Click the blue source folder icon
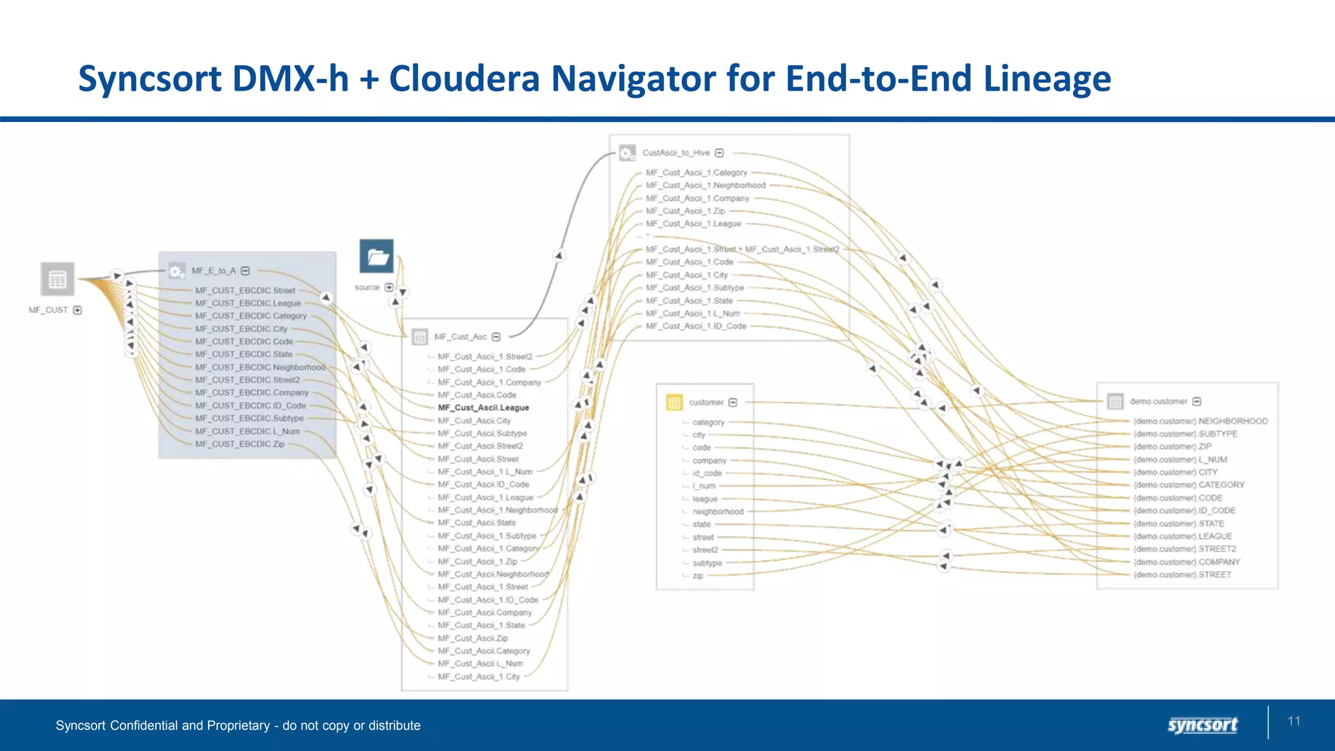pos(377,257)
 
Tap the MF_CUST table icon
pos(57,280)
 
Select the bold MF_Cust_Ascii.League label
pos(483,407)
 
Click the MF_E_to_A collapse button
pos(246,271)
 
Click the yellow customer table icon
pos(674,402)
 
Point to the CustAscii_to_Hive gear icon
pos(626,153)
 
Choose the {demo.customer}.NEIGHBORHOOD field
pos(1201,421)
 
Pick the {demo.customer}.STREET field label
pos(1182,574)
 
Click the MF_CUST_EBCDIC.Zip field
pos(240,444)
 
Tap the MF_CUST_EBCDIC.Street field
pos(245,291)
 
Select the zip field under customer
pos(697,576)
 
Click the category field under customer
pos(708,422)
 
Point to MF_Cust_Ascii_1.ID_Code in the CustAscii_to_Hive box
pos(696,326)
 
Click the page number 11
pos(1294,720)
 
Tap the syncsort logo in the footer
pos(1202,725)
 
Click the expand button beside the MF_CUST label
pos(78,310)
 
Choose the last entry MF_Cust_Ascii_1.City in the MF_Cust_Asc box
pos(478,677)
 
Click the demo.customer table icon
pos(1115,402)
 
